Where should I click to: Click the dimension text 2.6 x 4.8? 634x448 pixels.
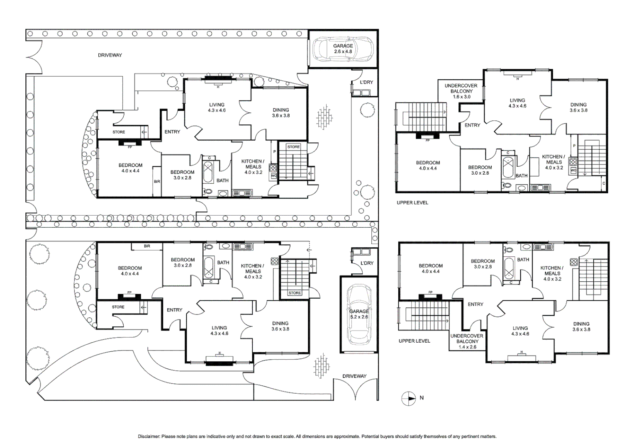pos(343,51)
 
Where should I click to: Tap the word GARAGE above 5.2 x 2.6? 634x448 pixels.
pos(359,311)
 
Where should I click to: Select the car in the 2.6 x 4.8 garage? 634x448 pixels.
pos(343,49)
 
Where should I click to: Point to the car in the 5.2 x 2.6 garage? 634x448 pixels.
pos(359,314)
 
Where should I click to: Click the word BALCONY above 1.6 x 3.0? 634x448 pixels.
pos(462,91)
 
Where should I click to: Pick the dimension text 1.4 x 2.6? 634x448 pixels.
pos(467,347)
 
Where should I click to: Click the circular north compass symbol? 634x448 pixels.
pos(408,399)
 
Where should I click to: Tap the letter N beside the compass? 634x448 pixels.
pos(422,398)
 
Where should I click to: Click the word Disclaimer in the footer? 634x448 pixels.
pos(149,437)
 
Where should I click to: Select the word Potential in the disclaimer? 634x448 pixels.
pos(370,437)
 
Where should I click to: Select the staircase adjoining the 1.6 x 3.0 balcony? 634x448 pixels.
pos(421,117)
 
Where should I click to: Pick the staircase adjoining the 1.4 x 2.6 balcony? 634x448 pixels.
pos(423,316)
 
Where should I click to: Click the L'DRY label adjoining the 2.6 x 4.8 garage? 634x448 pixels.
pos(366,82)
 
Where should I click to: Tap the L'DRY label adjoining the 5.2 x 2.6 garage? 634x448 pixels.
pos(367,263)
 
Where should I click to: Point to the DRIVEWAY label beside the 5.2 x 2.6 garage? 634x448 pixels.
pos(354,376)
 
